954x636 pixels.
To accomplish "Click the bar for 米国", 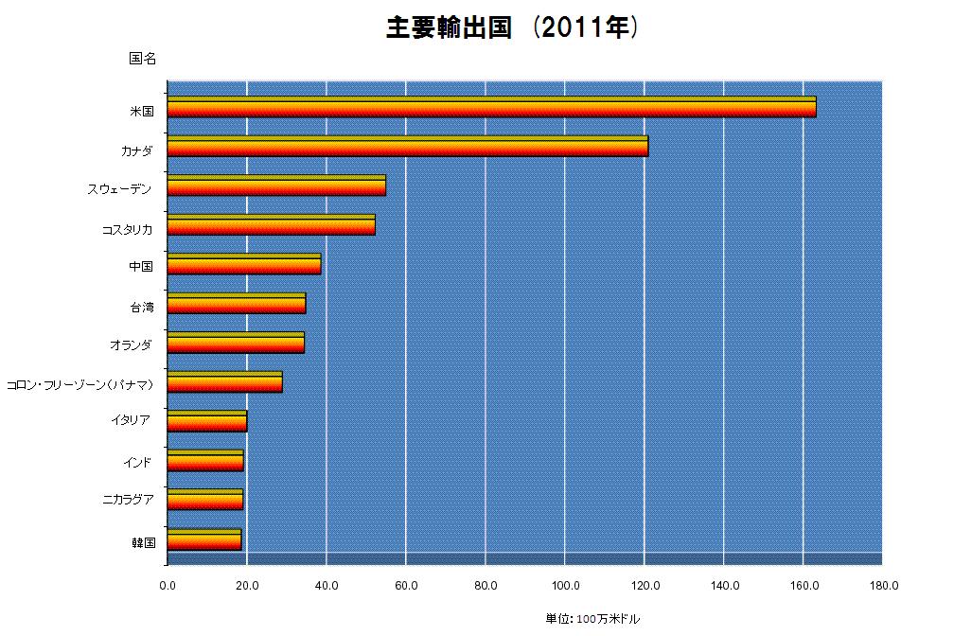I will tap(491, 107).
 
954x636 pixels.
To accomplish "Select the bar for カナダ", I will tap(408, 146).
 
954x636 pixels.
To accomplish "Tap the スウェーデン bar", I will tap(276, 185).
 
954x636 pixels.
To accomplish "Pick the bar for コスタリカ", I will tap(272, 225).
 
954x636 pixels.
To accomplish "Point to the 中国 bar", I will tap(244, 264).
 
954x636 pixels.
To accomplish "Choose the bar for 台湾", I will tap(237, 304).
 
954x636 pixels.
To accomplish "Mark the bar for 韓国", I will tap(204, 539).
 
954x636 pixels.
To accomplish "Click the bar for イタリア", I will tap(207, 421).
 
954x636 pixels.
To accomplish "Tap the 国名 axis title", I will tap(142, 59).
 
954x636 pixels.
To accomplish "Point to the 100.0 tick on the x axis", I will tap(565, 586).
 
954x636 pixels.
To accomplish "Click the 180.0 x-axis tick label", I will tap(883, 586).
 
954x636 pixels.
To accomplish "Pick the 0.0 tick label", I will tap(168, 586).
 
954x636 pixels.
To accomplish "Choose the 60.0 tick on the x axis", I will tap(406, 586).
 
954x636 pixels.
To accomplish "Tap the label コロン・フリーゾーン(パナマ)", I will tap(79, 384).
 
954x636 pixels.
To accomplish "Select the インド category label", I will tap(137, 463).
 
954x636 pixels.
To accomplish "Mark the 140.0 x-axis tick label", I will tap(724, 586).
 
